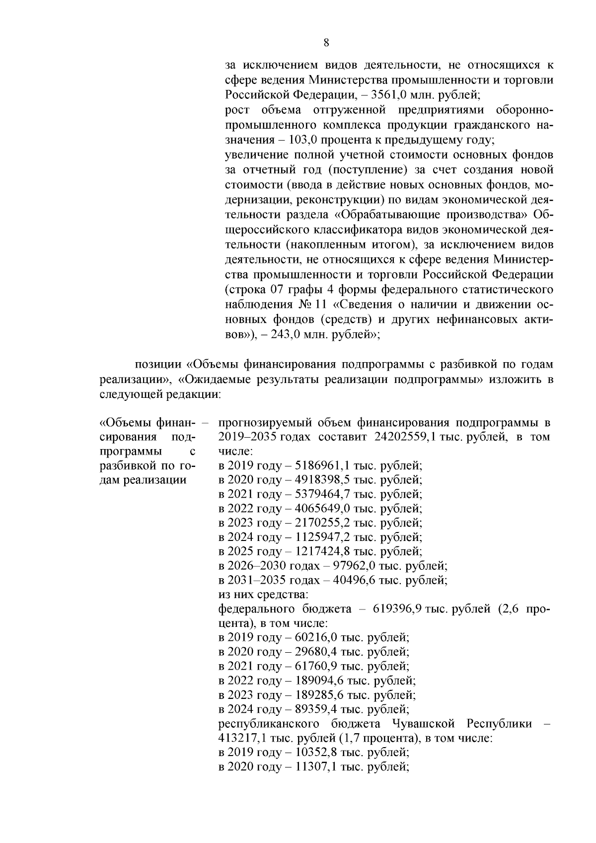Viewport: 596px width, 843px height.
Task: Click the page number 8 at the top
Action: (x=326, y=42)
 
